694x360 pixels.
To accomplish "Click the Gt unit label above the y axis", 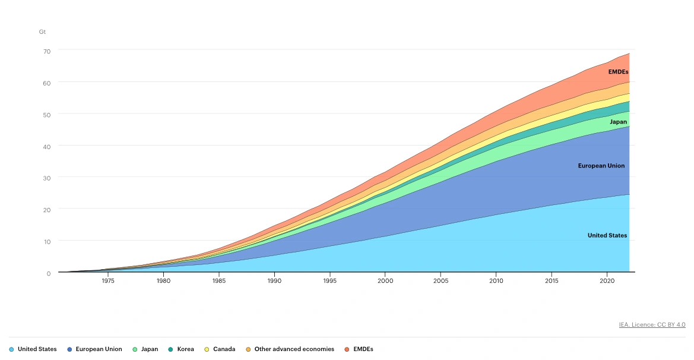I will coord(42,31).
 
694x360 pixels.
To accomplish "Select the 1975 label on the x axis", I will coord(107,281).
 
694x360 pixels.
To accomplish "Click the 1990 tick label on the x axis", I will coord(274,281).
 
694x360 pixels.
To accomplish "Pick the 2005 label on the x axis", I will coord(440,281).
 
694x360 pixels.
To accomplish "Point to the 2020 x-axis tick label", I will coord(607,281).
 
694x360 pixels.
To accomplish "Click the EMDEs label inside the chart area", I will coord(618,72).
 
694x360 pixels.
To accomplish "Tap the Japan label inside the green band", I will coord(618,122).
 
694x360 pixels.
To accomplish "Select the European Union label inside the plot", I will coord(601,166).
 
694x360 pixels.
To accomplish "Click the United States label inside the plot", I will coord(607,235).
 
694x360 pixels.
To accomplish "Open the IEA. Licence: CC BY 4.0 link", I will coord(652,325).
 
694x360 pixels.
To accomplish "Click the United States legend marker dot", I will coord(11,349).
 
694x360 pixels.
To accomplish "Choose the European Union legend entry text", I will coord(99,349).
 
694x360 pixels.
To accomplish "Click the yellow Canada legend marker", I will coord(207,349).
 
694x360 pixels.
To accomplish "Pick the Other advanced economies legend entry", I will coord(294,349).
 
